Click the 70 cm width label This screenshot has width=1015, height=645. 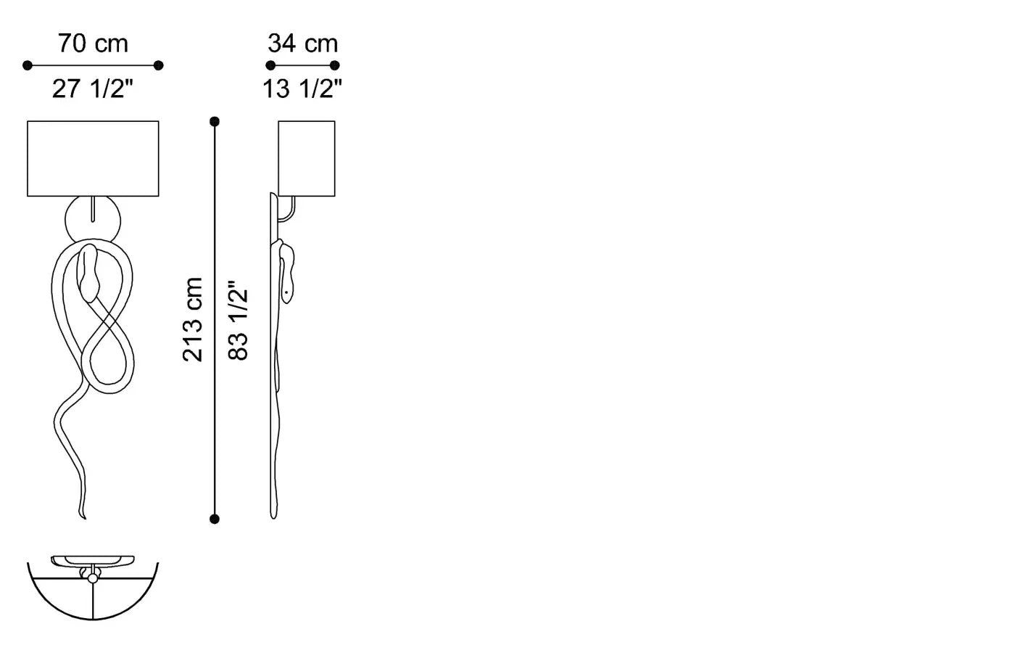coord(93,44)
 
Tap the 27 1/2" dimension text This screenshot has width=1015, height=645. coord(93,89)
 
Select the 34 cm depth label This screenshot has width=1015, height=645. coord(303,44)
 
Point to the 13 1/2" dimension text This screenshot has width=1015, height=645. coord(302,89)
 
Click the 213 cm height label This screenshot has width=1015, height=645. coord(193,319)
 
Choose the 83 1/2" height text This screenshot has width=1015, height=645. coord(238,321)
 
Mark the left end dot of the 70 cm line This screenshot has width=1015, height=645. coord(28,65)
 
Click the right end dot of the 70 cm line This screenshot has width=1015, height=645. coord(159,65)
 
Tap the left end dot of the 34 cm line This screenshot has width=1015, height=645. coord(270,65)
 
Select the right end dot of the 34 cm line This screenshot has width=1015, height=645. coord(335,65)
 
